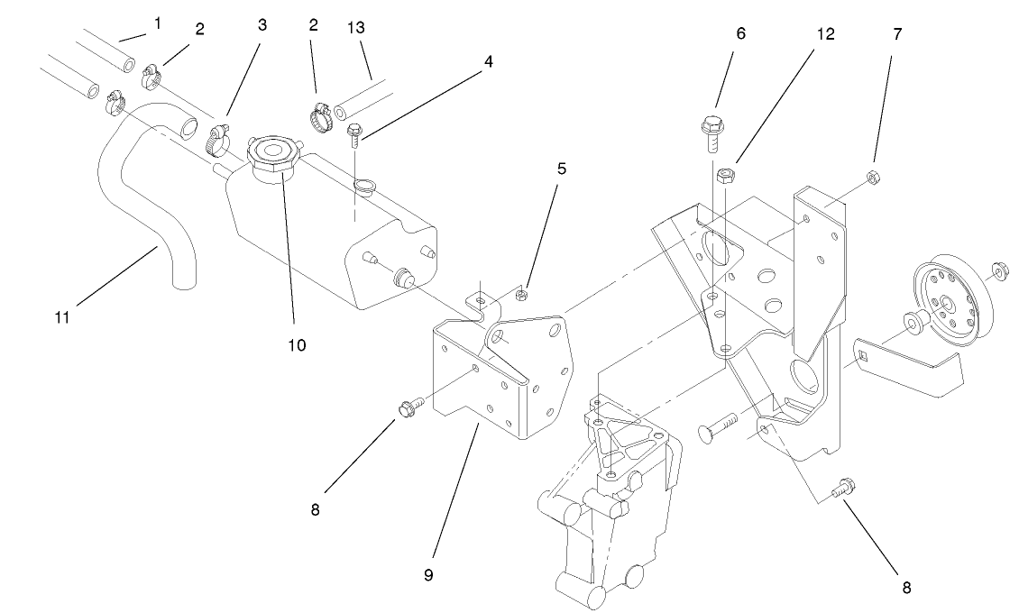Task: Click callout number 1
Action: coord(157,21)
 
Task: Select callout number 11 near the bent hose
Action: coord(60,316)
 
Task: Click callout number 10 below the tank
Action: coord(298,344)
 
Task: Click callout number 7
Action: coord(897,35)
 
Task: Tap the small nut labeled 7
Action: coord(873,174)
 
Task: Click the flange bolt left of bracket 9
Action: coord(408,410)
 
